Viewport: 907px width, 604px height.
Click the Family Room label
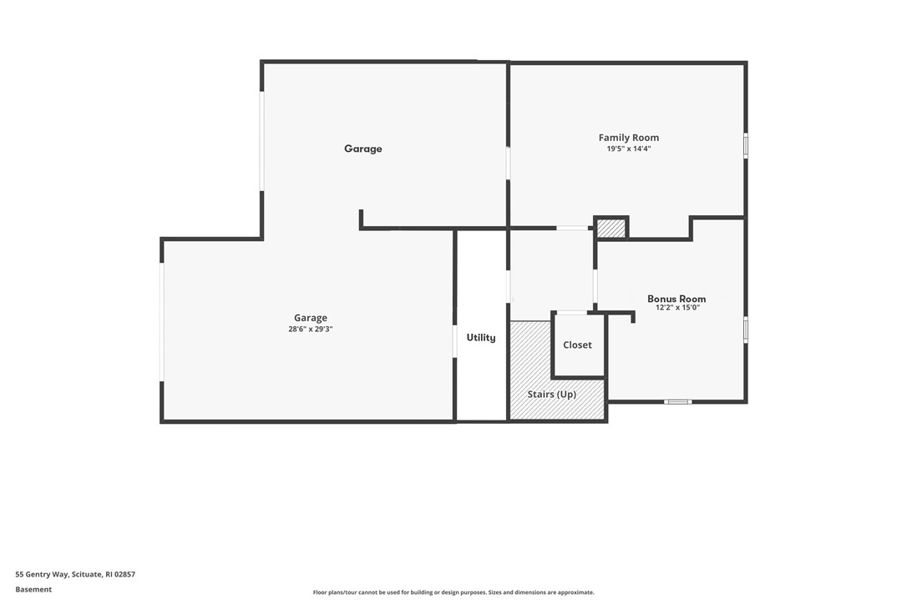628,138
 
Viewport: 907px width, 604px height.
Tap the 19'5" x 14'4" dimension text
628,148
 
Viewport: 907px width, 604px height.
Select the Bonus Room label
676,299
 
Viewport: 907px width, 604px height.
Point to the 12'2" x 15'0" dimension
676,308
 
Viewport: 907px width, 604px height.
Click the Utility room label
481,338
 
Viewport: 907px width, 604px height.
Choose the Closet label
577,345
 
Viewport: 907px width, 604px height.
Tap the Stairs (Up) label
551,394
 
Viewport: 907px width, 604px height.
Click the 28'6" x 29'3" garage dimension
310,329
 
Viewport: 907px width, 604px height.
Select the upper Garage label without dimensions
363,149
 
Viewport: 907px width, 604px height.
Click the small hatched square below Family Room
611,228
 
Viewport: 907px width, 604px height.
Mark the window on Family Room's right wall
745,145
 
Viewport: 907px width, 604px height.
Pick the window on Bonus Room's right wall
745,330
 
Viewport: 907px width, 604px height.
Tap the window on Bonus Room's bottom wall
677,402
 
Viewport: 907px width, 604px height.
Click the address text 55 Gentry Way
75,574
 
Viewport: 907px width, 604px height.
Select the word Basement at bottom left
33,589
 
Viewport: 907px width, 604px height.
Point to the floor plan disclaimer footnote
453,592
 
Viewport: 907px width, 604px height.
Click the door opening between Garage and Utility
454,341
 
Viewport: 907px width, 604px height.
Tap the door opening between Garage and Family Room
508,163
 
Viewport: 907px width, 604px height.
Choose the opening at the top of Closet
571,313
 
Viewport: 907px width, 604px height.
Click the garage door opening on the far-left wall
162,322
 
